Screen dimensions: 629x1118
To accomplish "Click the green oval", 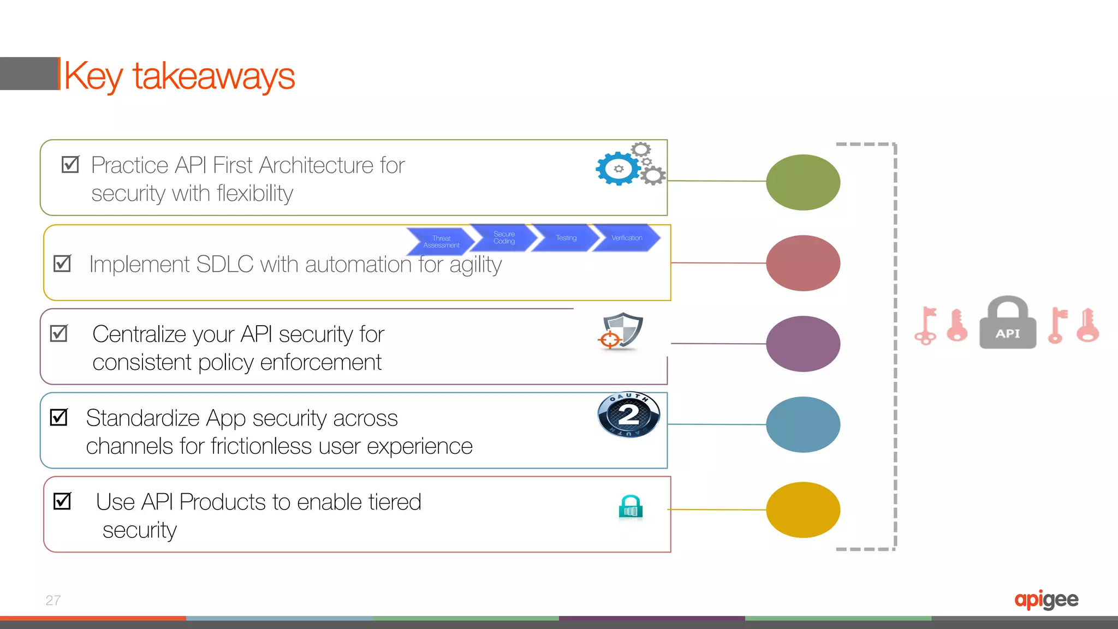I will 803,182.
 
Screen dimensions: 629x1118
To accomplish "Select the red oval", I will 803,263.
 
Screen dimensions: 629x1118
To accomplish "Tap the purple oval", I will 803,344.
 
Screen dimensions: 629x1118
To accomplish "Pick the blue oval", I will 803,424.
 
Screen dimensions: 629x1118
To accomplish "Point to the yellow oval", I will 803,510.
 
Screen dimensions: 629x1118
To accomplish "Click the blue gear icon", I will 618,169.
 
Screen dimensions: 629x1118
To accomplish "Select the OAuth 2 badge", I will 629,415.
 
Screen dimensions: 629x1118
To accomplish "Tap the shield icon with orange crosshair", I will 622,331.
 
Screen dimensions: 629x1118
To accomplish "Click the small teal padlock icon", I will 631,507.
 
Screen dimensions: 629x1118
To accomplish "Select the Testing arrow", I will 566,238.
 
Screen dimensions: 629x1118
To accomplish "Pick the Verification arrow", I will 627,238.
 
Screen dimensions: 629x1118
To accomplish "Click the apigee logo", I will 1046,600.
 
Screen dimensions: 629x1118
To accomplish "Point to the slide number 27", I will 53,600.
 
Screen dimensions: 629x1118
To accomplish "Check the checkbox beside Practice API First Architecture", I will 70,164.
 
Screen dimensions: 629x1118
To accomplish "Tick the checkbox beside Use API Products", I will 62,501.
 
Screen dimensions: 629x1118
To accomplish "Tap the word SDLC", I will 224,265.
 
